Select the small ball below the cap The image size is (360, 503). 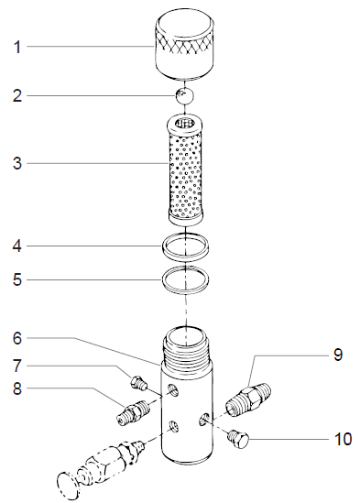(186, 95)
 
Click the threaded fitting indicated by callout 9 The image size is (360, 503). (248, 395)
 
